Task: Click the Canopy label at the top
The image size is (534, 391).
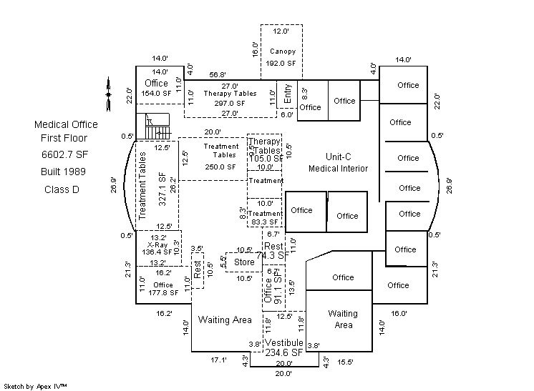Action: (x=282, y=51)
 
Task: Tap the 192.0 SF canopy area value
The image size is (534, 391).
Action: (x=281, y=63)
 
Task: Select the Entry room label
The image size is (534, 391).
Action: (x=287, y=93)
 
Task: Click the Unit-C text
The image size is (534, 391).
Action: (x=338, y=157)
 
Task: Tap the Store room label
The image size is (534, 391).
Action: (x=245, y=262)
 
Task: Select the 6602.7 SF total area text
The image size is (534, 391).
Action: (x=66, y=154)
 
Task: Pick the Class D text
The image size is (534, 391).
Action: (x=62, y=189)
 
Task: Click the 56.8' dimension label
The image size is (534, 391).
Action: (x=218, y=74)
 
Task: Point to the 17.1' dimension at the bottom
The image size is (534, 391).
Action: (x=218, y=361)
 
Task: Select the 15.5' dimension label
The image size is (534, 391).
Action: (x=346, y=362)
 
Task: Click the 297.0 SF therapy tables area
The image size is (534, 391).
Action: (x=229, y=103)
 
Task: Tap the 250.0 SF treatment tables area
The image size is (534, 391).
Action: (x=220, y=167)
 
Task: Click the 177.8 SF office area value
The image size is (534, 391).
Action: (x=163, y=292)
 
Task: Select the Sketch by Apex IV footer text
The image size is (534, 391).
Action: (x=35, y=386)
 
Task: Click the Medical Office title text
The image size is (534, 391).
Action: (x=66, y=124)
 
